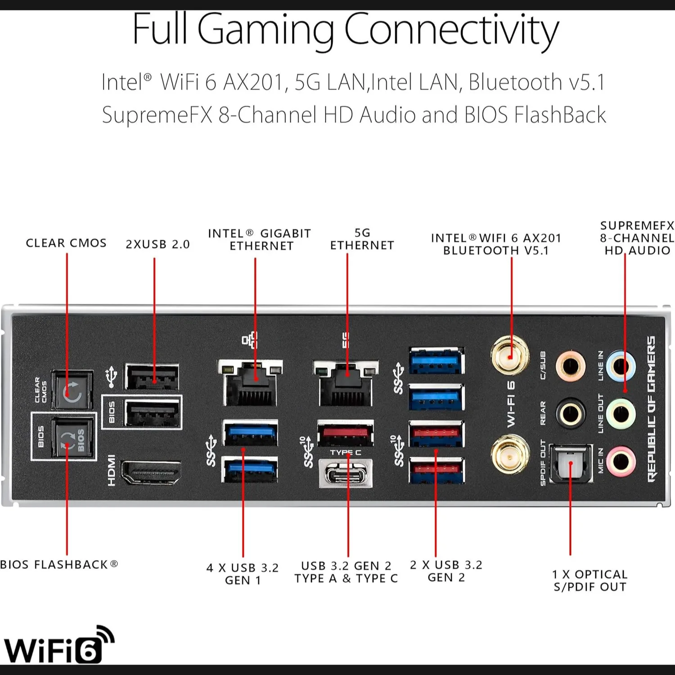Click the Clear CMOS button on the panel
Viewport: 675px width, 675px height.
(x=72, y=390)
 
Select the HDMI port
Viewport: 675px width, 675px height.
(x=151, y=473)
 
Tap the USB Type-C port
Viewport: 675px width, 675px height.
(x=346, y=473)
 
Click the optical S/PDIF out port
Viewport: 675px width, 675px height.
(x=571, y=463)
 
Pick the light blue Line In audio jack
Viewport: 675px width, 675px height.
(x=621, y=366)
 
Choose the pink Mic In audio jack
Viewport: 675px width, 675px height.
(x=621, y=461)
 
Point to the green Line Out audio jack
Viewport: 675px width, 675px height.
(x=621, y=414)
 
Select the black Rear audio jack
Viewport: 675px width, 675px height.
(x=571, y=414)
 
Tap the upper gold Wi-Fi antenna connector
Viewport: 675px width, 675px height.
(x=510, y=356)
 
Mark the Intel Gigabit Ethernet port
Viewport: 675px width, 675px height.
(x=250, y=382)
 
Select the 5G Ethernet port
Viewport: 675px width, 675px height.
(x=346, y=382)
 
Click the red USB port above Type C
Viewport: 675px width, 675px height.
(x=346, y=433)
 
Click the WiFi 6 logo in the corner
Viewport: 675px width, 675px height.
(x=58, y=645)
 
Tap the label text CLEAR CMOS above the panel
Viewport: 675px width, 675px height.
(x=66, y=243)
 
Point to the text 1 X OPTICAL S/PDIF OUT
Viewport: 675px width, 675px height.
(x=590, y=580)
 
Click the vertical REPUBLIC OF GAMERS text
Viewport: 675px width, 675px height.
(x=651, y=409)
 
